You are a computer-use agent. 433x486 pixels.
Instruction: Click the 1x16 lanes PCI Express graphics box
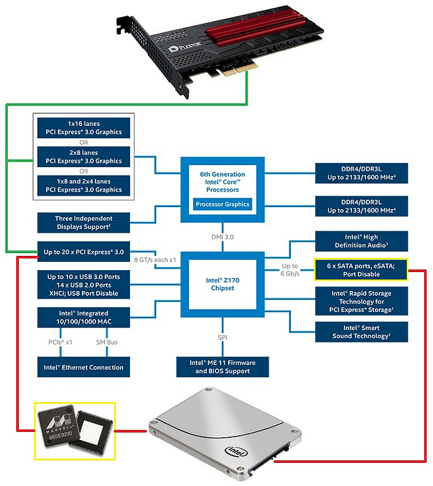coord(84,128)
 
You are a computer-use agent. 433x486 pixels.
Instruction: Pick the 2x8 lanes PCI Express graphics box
coord(84,156)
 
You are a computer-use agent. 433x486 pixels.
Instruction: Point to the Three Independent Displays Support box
coord(84,223)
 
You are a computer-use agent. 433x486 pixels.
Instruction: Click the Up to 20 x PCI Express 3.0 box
coord(84,252)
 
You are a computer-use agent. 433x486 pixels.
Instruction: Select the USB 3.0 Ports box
coord(84,285)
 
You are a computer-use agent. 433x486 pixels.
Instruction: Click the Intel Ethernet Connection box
coord(84,367)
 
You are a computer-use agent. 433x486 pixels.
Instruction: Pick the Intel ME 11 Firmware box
coord(223,367)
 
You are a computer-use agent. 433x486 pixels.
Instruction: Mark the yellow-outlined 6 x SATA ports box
coord(360,270)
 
